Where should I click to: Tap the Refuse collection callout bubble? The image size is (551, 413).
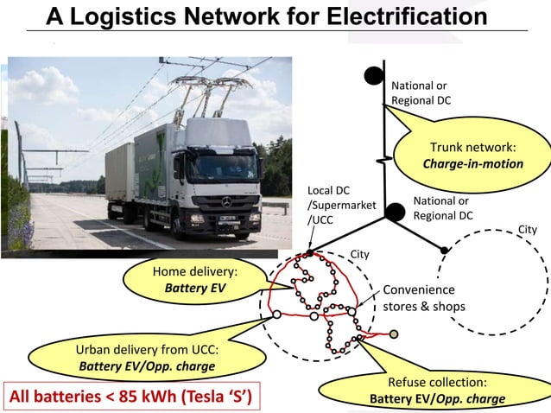(438, 390)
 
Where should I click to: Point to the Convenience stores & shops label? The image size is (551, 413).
(424, 298)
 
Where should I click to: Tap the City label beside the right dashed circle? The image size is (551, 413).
(526, 229)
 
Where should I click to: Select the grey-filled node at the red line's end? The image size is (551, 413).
(394, 334)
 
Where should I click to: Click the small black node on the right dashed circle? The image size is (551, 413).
(445, 250)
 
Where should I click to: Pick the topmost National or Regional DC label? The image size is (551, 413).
(420, 93)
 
